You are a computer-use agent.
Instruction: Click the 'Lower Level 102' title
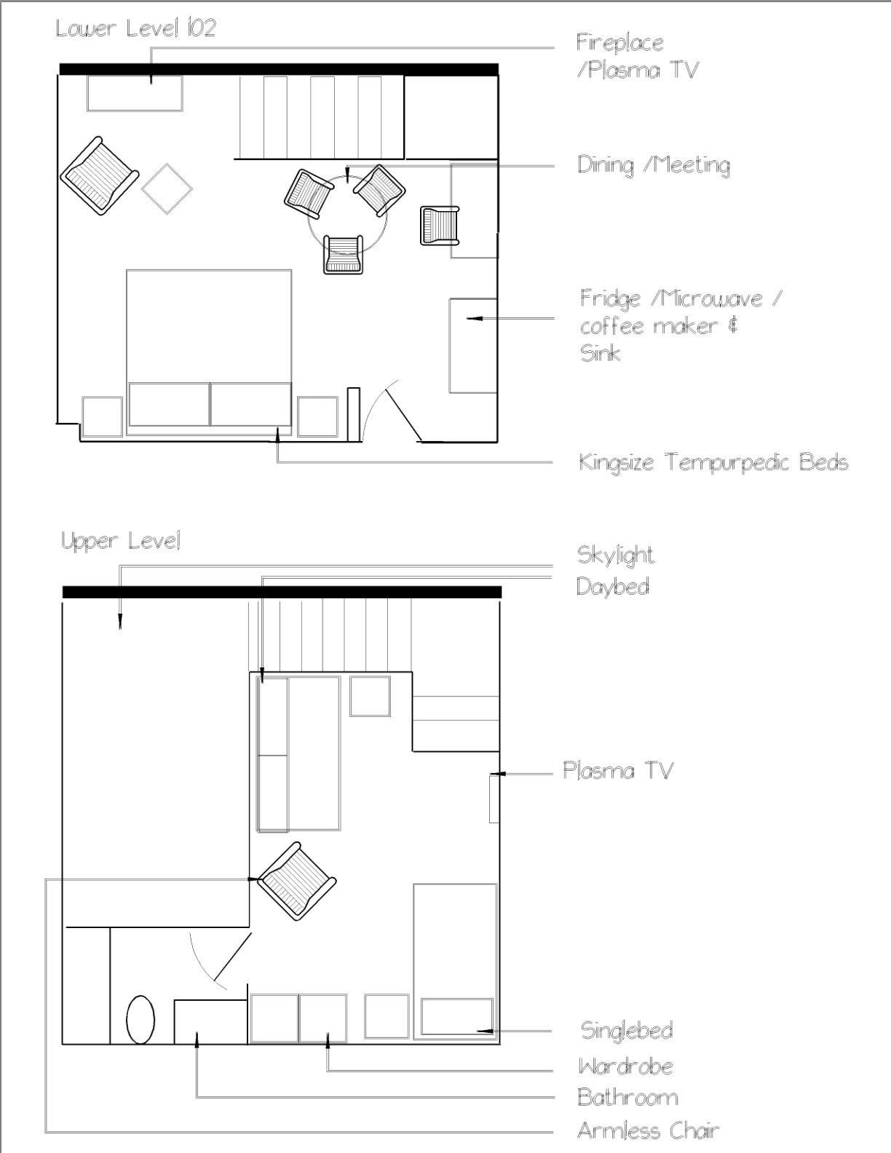pyautogui.click(x=136, y=28)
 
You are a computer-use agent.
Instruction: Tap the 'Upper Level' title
pyautogui.click(x=121, y=541)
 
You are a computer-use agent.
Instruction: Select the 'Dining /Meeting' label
pyautogui.click(x=653, y=165)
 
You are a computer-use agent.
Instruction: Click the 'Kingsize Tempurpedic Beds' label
pyautogui.click(x=713, y=462)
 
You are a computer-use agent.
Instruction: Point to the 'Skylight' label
pyautogui.click(x=615, y=555)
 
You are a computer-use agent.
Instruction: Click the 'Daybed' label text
pyautogui.click(x=612, y=586)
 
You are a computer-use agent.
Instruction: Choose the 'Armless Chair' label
pyautogui.click(x=648, y=1130)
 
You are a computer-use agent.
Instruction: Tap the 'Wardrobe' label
pyautogui.click(x=625, y=1066)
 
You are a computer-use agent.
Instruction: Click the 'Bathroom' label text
pyautogui.click(x=627, y=1097)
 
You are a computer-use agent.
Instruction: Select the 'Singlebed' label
pyautogui.click(x=626, y=1030)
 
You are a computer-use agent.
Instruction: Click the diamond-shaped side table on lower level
pyautogui.click(x=167, y=189)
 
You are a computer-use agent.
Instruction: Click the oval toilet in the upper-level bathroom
pyautogui.click(x=140, y=1020)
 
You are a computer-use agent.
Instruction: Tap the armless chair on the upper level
pyautogui.click(x=297, y=881)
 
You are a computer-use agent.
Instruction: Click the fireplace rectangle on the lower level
pyautogui.click(x=135, y=93)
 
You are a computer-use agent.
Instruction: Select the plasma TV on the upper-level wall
pyautogui.click(x=494, y=799)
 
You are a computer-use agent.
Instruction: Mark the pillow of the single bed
pyautogui.click(x=457, y=1016)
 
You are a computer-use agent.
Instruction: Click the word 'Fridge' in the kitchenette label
pyautogui.click(x=610, y=298)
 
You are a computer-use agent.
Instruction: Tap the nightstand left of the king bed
pyautogui.click(x=102, y=416)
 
